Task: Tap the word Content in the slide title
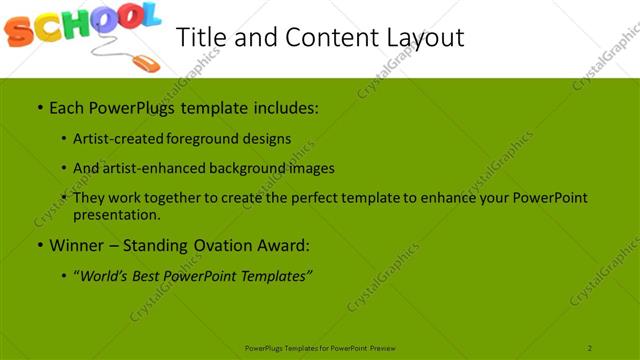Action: point(319,37)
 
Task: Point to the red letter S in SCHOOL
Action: point(18,34)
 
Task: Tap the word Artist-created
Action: point(108,138)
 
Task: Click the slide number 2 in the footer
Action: point(590,348)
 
